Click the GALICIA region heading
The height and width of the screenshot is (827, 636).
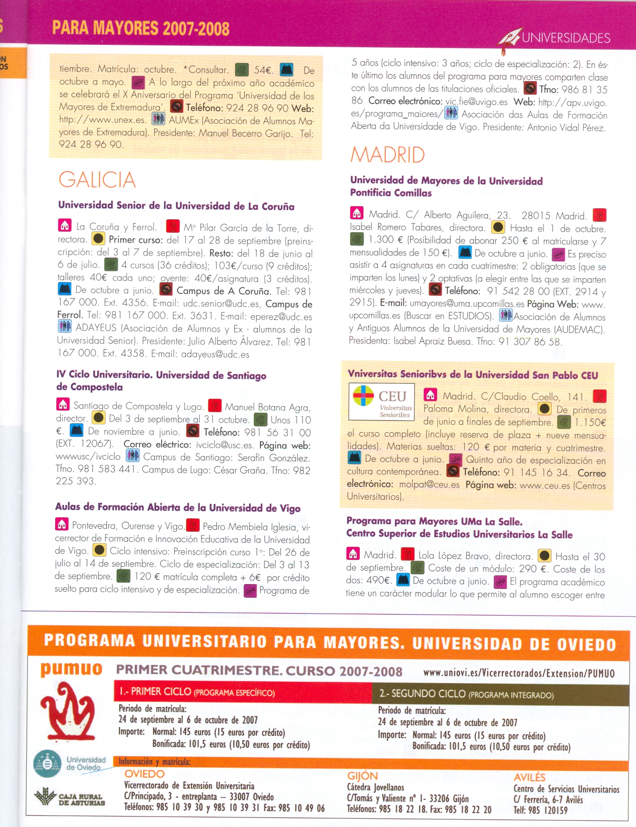(97, 179)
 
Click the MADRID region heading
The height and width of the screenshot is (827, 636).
(387, 155)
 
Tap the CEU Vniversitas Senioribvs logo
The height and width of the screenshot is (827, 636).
(381, 401)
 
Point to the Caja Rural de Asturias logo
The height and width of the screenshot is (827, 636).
(69, 798)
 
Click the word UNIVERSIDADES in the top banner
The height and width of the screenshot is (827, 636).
(566, 38)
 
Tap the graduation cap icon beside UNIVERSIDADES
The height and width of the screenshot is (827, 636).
(509, 38)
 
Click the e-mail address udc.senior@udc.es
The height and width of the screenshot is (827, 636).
(221, 304)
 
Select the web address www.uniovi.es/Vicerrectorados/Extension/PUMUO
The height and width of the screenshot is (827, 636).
(519, 673)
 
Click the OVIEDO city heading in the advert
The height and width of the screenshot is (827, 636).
(145, 774)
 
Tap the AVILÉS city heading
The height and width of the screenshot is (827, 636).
(529, 778)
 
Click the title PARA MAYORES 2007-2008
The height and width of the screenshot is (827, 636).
(141, 28)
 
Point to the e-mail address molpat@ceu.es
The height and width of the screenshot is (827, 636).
(430, 485)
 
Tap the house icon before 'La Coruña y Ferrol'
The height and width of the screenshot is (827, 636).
(65, 225)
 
